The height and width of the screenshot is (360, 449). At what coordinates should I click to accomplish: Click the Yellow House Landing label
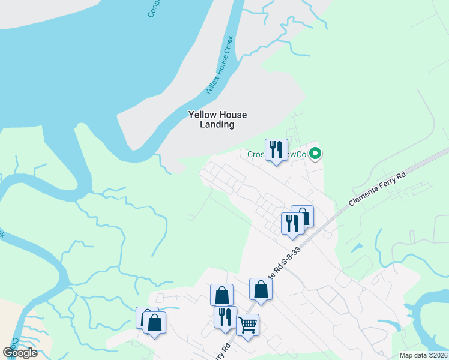[217, 119]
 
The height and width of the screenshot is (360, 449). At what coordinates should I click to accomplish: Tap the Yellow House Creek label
[219, 65]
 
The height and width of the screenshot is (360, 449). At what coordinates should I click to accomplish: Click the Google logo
[20, 353]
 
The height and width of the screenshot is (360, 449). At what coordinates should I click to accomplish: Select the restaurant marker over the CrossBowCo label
[276, 149]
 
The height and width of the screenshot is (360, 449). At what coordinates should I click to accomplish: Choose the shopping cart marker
[247, 325]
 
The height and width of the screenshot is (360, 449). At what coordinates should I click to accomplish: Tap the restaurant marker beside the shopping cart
[225, 317]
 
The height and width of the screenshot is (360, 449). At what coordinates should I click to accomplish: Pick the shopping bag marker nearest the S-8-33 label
[261, 289]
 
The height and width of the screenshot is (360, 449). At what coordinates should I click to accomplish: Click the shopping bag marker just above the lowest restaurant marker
[221, 295]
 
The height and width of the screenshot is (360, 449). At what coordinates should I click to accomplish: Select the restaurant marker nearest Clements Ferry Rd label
[292, 223]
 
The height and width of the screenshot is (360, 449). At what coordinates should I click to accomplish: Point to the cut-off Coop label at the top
[154, 8]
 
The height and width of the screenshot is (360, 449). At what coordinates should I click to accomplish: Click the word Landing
[217, 125]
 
